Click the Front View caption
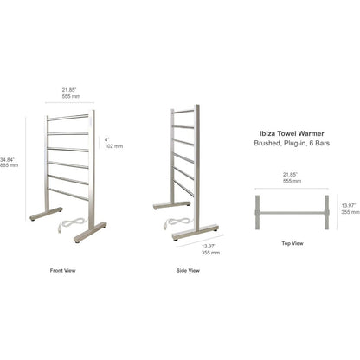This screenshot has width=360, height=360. point(62,270)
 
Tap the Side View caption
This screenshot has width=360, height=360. point(188,270)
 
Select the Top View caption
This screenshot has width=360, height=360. point(292,243)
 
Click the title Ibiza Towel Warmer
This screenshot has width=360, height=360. point(292,133)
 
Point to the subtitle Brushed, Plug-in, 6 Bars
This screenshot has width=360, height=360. point(292,143)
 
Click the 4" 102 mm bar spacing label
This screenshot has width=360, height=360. point(113,143)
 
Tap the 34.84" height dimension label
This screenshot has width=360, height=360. point(9,162)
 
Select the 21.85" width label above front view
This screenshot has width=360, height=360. point(71,93)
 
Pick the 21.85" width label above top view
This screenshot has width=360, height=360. point(292,177)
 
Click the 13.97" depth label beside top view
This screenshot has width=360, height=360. point(350,209)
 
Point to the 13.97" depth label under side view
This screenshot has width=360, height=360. point(210,249)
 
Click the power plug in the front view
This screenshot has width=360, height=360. point(60,228)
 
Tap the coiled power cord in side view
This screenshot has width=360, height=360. point(178,222)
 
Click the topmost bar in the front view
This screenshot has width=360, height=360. point(68,117)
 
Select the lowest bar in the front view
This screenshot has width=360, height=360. point(68,194)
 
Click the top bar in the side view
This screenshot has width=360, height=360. point(183,112)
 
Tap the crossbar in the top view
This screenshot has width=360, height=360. point(292,213)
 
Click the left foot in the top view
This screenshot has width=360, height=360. point(257,212)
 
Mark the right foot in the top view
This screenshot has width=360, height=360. point(327,212)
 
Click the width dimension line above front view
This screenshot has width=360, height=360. point(70,102)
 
